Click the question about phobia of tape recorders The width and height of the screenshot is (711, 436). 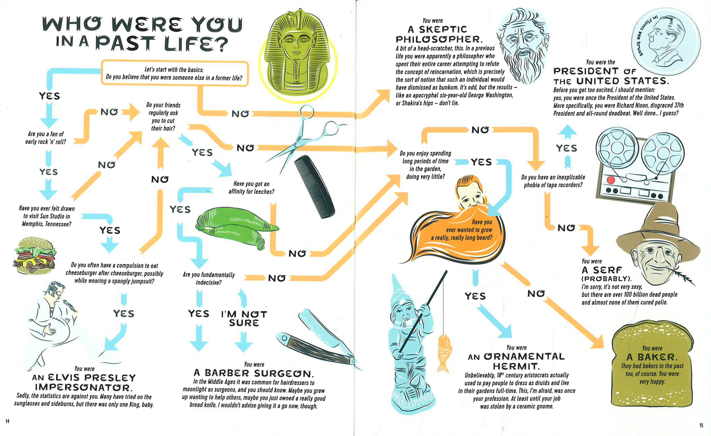point(553,181)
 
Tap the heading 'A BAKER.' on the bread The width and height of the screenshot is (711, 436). point(652,357)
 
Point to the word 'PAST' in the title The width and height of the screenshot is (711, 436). point(125,43)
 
